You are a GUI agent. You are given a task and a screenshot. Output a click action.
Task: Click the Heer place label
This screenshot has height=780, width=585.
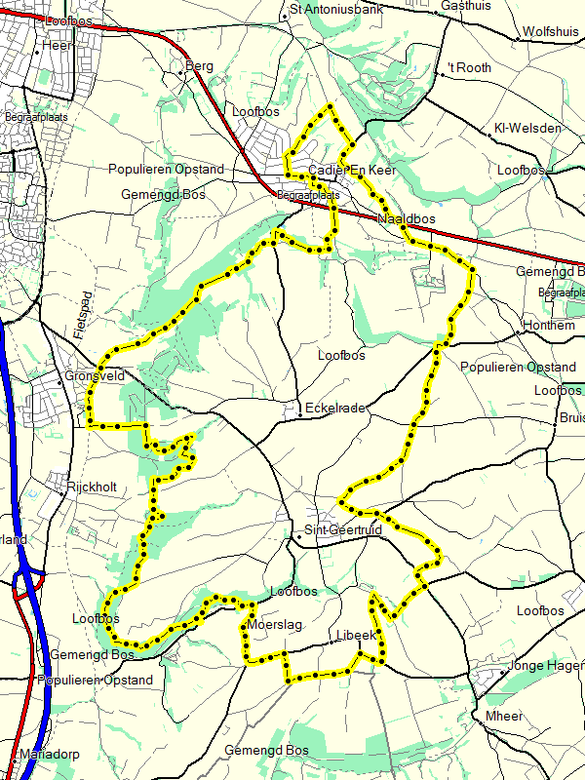coord(58,45)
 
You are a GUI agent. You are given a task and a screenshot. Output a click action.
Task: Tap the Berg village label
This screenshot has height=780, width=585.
coord(199,66)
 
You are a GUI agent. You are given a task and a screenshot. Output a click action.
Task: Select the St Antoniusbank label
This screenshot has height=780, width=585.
coord(337,9)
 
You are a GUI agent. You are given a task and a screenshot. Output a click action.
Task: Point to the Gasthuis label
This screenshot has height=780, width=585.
coord(464,5)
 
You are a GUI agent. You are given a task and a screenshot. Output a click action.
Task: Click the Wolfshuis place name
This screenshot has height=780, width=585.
coord(550,31)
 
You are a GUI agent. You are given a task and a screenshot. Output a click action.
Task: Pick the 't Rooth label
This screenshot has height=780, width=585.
coord(470,67)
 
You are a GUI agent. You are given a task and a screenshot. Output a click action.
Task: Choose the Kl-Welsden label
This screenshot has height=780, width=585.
coord(527,129)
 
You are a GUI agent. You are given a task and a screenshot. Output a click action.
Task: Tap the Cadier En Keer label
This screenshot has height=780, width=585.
coord(351,171)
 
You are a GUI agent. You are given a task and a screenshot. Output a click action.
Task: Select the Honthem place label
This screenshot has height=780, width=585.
coord(549,325)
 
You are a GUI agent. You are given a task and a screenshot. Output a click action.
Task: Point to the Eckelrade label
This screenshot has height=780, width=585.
coord(334,408)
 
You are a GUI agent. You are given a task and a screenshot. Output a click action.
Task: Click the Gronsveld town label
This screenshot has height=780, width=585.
coord(92,375)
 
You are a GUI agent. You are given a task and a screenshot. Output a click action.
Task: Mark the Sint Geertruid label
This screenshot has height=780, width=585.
coord(341,529)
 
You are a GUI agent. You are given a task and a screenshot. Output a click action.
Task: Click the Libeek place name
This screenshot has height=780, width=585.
coord(355,635)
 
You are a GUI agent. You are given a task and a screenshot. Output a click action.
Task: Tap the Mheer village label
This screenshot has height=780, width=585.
coord(504,716)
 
